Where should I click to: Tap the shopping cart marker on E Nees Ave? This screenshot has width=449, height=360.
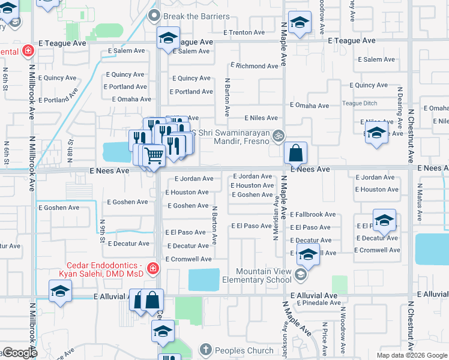pos(154,156)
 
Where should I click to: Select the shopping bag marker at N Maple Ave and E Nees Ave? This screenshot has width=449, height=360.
pos(296,153)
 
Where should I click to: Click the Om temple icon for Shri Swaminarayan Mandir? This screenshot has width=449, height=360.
pos(277,136)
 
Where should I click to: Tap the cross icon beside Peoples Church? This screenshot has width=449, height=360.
pos(205,350)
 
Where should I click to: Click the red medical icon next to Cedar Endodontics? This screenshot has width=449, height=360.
pos(153,268)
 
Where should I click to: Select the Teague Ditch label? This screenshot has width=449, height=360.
pos(360,103)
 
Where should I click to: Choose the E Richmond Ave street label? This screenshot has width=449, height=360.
pos(254,66)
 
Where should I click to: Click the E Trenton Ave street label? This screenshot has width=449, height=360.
pos(244,32)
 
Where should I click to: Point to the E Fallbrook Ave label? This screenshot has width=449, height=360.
pos(313,214)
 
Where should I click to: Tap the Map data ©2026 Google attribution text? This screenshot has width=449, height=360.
pos(412,355)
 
